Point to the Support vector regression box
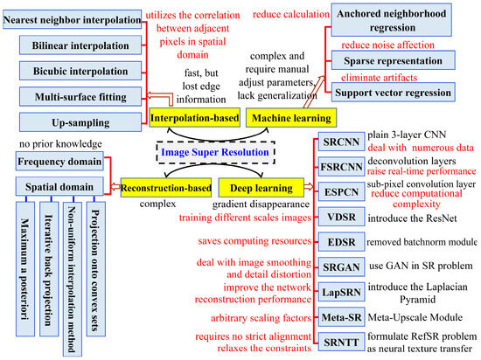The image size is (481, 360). tap(406, 93)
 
